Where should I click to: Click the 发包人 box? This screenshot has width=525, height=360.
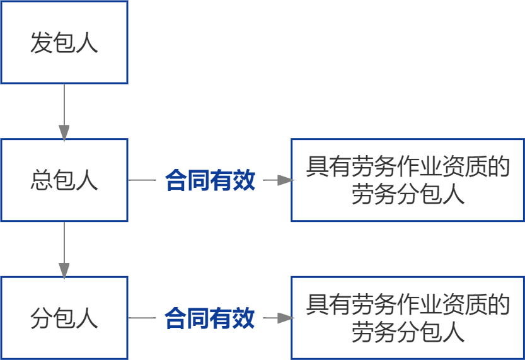64,42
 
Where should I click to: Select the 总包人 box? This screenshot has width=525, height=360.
64,180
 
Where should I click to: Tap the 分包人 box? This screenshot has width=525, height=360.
64,318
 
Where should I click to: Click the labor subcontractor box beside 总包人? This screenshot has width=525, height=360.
407,180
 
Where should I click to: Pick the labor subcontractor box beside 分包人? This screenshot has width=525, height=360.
407,318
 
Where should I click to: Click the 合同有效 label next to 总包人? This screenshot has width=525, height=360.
210,181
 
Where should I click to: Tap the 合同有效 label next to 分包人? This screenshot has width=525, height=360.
210,318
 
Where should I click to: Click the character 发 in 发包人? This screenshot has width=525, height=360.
41,43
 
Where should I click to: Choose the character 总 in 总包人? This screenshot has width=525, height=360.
41,181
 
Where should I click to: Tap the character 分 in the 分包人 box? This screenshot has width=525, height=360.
41,318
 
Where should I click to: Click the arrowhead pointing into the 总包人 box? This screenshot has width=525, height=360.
64,132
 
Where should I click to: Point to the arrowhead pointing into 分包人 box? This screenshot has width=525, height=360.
64,270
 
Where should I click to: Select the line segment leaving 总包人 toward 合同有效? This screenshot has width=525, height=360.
142,180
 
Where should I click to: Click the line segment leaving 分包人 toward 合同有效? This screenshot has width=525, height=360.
142,318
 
